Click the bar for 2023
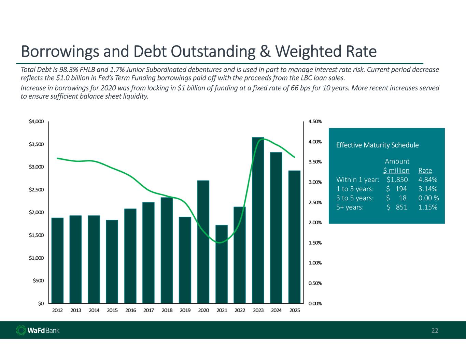258,220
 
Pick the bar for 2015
112,261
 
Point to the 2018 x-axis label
167,310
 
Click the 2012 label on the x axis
57,310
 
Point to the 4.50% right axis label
315,121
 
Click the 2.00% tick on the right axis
315,222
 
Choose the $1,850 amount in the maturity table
397,180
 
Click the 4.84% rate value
428,180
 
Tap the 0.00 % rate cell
428,198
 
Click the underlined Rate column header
425,171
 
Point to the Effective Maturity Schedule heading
377,145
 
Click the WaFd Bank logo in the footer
38,330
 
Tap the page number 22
435,330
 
